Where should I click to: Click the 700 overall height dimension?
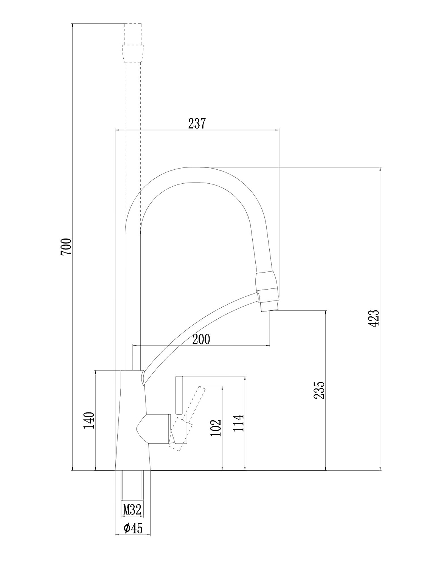tap(66, 246)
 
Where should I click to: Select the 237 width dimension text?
tap(197, 124)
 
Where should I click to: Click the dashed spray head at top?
tap(133, 43)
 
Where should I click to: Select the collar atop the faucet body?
tap(132, 380)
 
